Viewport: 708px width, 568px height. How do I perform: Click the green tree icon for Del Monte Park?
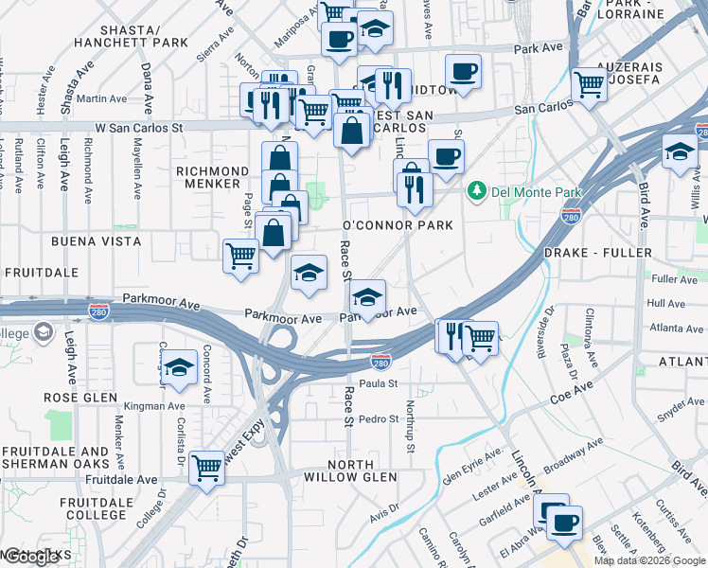tap(476, 192)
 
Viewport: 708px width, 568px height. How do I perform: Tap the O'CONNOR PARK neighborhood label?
tap(397, 225)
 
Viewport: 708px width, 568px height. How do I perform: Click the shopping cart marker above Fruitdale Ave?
tap(206, 466)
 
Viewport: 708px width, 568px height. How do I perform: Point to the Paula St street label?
tap(377, 383)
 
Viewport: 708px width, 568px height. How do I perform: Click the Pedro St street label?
tap(380, 418)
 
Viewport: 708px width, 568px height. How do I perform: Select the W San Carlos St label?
tap(138, 127)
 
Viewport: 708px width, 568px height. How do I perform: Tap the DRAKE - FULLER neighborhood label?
tap(597, 253)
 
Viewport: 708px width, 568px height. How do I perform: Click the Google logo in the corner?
tap(30, 558)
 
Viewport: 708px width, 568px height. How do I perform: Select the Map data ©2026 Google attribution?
tap(650, 560)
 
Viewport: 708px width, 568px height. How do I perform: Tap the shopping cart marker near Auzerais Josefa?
tap(590, 83)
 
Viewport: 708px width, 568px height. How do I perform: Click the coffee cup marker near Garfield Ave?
tap(565, 522)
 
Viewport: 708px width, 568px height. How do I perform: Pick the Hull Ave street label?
tap(666, 304)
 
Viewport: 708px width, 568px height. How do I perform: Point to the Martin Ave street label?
tap(103, 98)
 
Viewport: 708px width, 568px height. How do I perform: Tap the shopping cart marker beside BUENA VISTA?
tap(241, 255)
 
